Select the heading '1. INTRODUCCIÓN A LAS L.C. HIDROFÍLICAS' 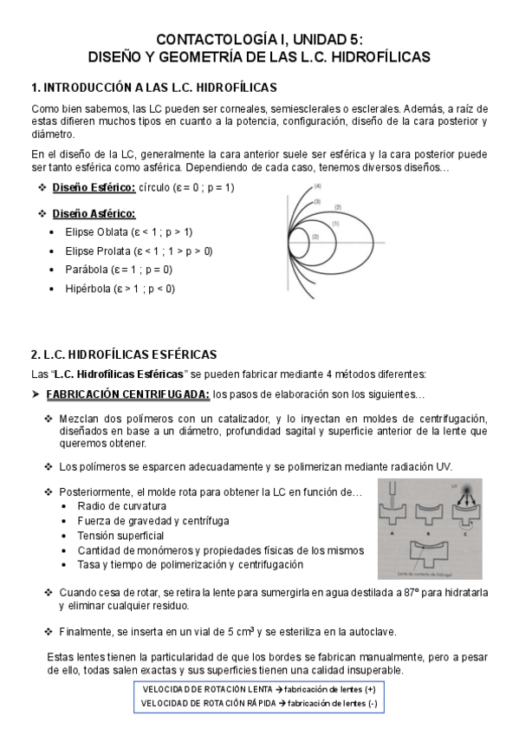tap(153, 88)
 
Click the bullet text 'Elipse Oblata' tap(95, 232)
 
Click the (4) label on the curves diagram tap(318, 186)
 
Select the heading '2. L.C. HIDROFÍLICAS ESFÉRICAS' tap(124, 355)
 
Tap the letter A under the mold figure tap(392, 535)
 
